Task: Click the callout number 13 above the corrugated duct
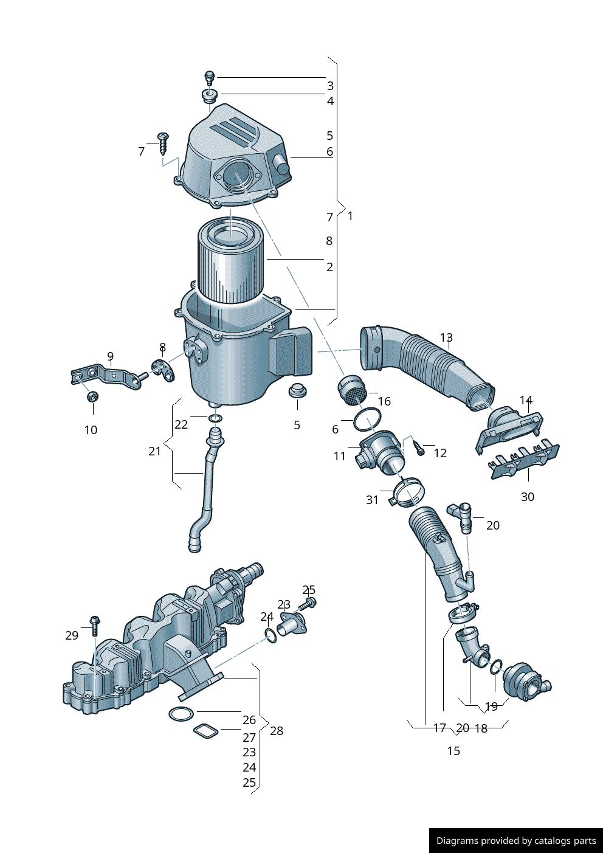446,337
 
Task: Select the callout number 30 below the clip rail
528,497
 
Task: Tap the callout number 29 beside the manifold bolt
72,635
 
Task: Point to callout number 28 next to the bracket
277,731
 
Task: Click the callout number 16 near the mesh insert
384,401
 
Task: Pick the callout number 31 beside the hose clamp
372,500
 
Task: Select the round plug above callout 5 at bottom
297,390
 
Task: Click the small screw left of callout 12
419,449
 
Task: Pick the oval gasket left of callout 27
205,730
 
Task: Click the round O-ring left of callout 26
181,714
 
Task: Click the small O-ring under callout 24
270,636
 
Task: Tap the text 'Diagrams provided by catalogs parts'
516,841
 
